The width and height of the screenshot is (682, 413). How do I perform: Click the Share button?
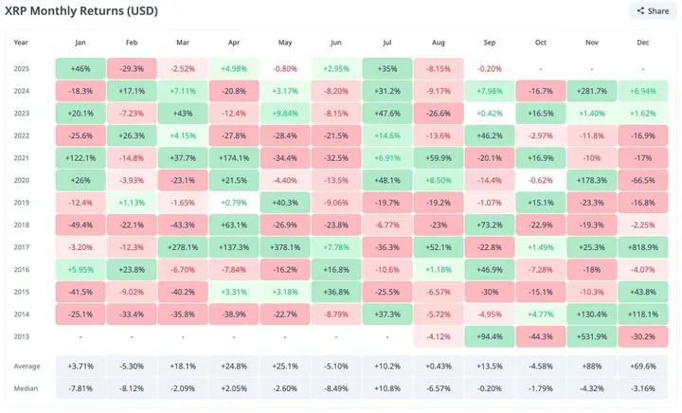coord(652,11)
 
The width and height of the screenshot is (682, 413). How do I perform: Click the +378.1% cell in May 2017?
coord(285,247)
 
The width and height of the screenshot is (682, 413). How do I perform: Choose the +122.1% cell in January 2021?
coord(81,156)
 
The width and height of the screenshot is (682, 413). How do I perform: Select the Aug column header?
coord(439,42)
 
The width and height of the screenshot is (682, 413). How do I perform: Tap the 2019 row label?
coord(22,203)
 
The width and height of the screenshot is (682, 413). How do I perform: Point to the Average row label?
coord(27,365)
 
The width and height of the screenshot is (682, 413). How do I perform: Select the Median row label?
coord(26,386)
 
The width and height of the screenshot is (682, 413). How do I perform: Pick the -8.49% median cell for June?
coord(336,386)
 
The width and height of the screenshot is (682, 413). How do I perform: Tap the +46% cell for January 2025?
coord(81,69)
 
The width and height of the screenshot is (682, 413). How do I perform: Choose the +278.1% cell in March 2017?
coord(183,247)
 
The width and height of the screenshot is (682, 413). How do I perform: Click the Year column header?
coord(22,42)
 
